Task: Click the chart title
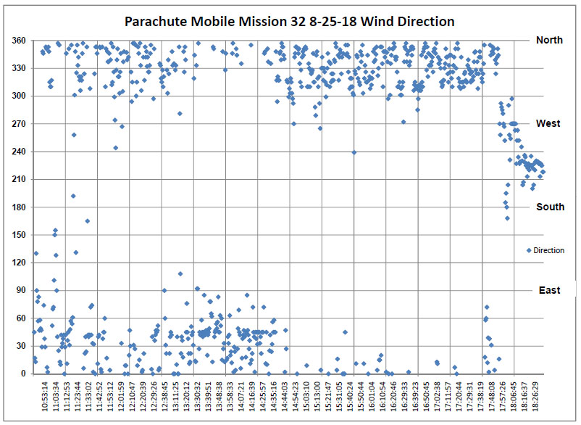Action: click(x=290, y=22)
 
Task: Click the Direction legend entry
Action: click(x=545, y=250)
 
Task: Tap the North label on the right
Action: click(x=549, y=41)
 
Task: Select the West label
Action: click(x=548, y=124)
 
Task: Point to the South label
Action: click(x=550, y=207)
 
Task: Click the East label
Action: click(x=549, y=291)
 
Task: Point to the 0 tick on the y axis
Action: click(x=23, y=374)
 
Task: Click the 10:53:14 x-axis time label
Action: click(x=46, y=397)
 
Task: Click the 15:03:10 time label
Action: click(x=307, y=397)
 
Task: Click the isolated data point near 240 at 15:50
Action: click(x=354, y=152)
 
